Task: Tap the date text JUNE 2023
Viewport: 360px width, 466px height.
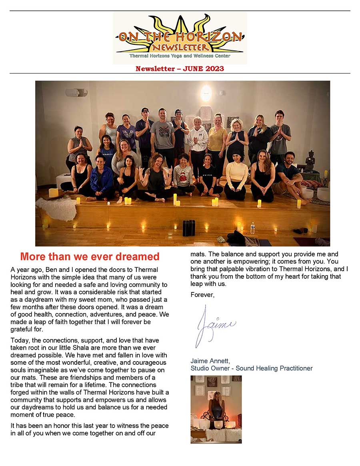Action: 204,69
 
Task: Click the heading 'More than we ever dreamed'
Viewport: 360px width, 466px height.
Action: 90,256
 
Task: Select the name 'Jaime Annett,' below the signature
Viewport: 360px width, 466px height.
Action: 210,361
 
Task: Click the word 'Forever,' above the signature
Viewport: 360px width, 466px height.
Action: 202,295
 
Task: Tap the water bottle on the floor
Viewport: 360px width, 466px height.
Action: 252,228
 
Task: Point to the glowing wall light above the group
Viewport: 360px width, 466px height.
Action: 206,94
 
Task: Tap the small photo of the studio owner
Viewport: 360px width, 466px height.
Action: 216,409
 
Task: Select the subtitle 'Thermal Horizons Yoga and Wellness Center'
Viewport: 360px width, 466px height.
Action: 180,56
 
